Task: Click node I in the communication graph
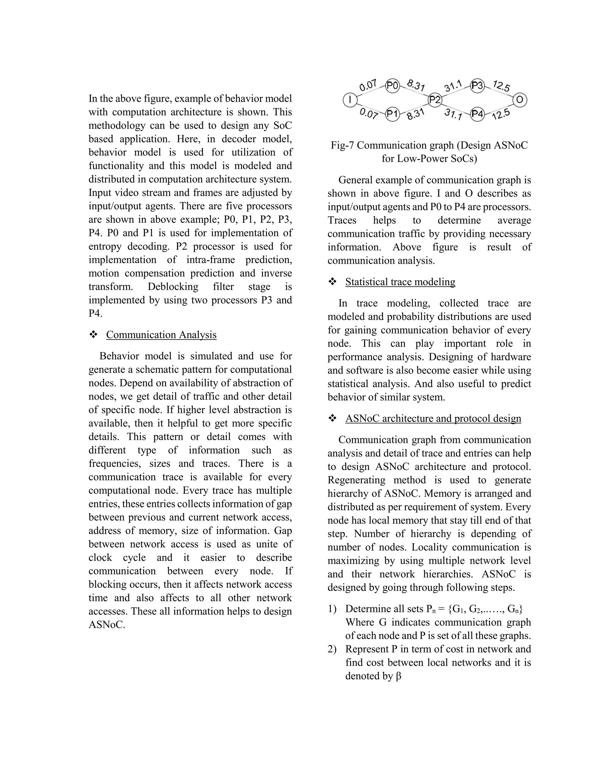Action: point(350,100)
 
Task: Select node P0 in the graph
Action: point(392,86)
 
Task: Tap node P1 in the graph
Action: point(392,114)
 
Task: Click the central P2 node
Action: point(435,100)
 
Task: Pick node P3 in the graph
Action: point(477,86)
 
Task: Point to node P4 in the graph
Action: point(477,114)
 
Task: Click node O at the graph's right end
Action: point(520,100)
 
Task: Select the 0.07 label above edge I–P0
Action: point(368,86)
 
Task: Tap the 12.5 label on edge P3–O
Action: point(501,86)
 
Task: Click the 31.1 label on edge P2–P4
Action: point(453,115)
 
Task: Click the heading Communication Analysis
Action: point(161,335)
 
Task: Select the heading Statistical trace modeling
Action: point(400,282)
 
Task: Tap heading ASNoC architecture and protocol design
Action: point(433,418)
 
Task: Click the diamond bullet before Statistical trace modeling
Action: point(332,282)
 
